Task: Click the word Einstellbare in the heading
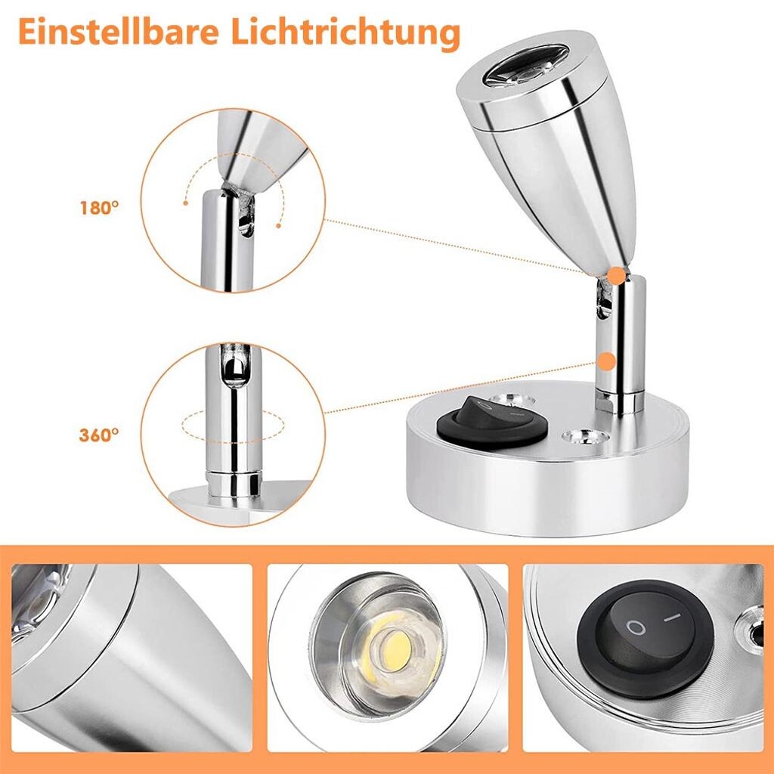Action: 119,32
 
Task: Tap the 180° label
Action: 99,208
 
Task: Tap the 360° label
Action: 99,435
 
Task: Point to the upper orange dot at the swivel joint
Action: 615,275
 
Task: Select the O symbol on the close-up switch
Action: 636,627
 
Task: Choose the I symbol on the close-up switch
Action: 671,618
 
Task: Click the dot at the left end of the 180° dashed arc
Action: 186,203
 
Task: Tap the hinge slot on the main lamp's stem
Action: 603,299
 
